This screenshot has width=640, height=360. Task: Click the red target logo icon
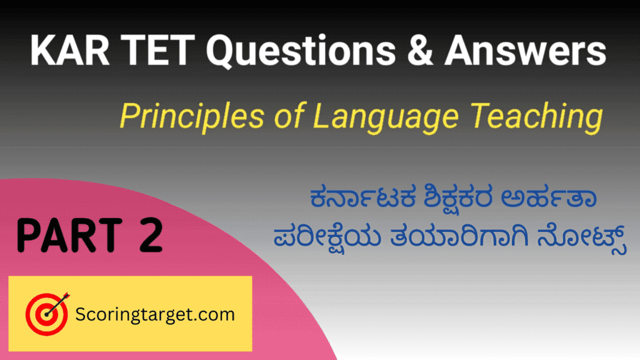coord(46,314)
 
